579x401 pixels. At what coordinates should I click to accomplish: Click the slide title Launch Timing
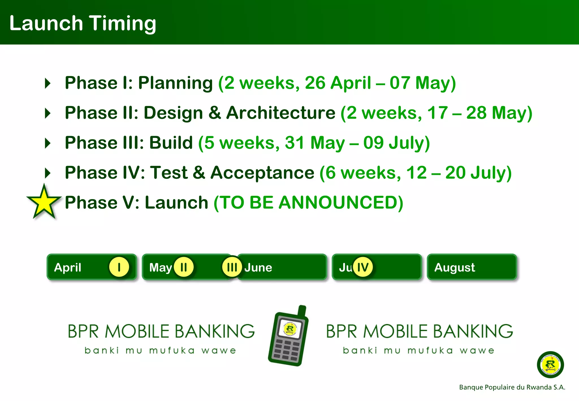coord(83,23)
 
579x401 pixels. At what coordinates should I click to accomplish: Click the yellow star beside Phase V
coord(44,203)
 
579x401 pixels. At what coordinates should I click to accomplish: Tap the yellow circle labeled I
coord(119,267)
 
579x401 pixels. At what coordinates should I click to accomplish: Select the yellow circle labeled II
coord(183,267)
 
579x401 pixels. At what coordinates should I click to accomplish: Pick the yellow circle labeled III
coord(232,267)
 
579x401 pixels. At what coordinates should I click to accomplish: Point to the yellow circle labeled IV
coord(363,267)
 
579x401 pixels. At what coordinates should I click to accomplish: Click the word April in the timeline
coord(68,268)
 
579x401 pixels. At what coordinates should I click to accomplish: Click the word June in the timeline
coord(258,268)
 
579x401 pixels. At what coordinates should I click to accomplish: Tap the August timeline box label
coord(455,268)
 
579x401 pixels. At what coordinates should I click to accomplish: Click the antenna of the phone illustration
coord(302,311)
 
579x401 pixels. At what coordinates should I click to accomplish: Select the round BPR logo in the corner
coord(550,365)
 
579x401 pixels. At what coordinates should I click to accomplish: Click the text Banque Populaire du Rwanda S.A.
coord(512,387)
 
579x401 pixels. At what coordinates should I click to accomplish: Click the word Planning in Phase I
coord(175,83)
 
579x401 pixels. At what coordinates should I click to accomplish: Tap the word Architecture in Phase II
coord(281,113)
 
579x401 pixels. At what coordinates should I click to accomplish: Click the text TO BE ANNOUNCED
coord(308,203)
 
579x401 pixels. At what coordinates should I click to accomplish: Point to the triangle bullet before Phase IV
coord(48,173)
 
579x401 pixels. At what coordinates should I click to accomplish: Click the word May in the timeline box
coord(160,268)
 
